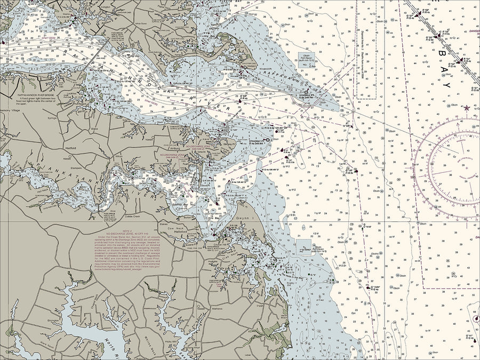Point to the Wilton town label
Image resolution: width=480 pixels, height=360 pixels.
118,156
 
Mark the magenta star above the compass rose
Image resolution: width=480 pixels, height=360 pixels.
468,108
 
